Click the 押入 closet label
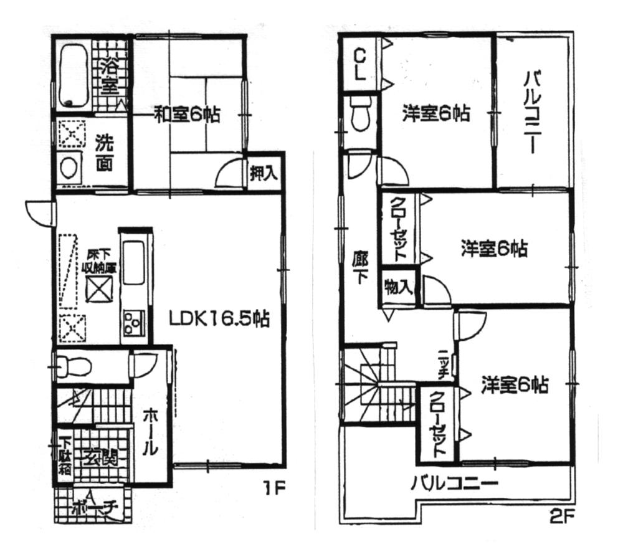pyautogui.click(x=264, y=173)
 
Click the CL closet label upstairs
pyautogui.click(x=359, y=64)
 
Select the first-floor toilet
pyautogui.click(x=74, y=366)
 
